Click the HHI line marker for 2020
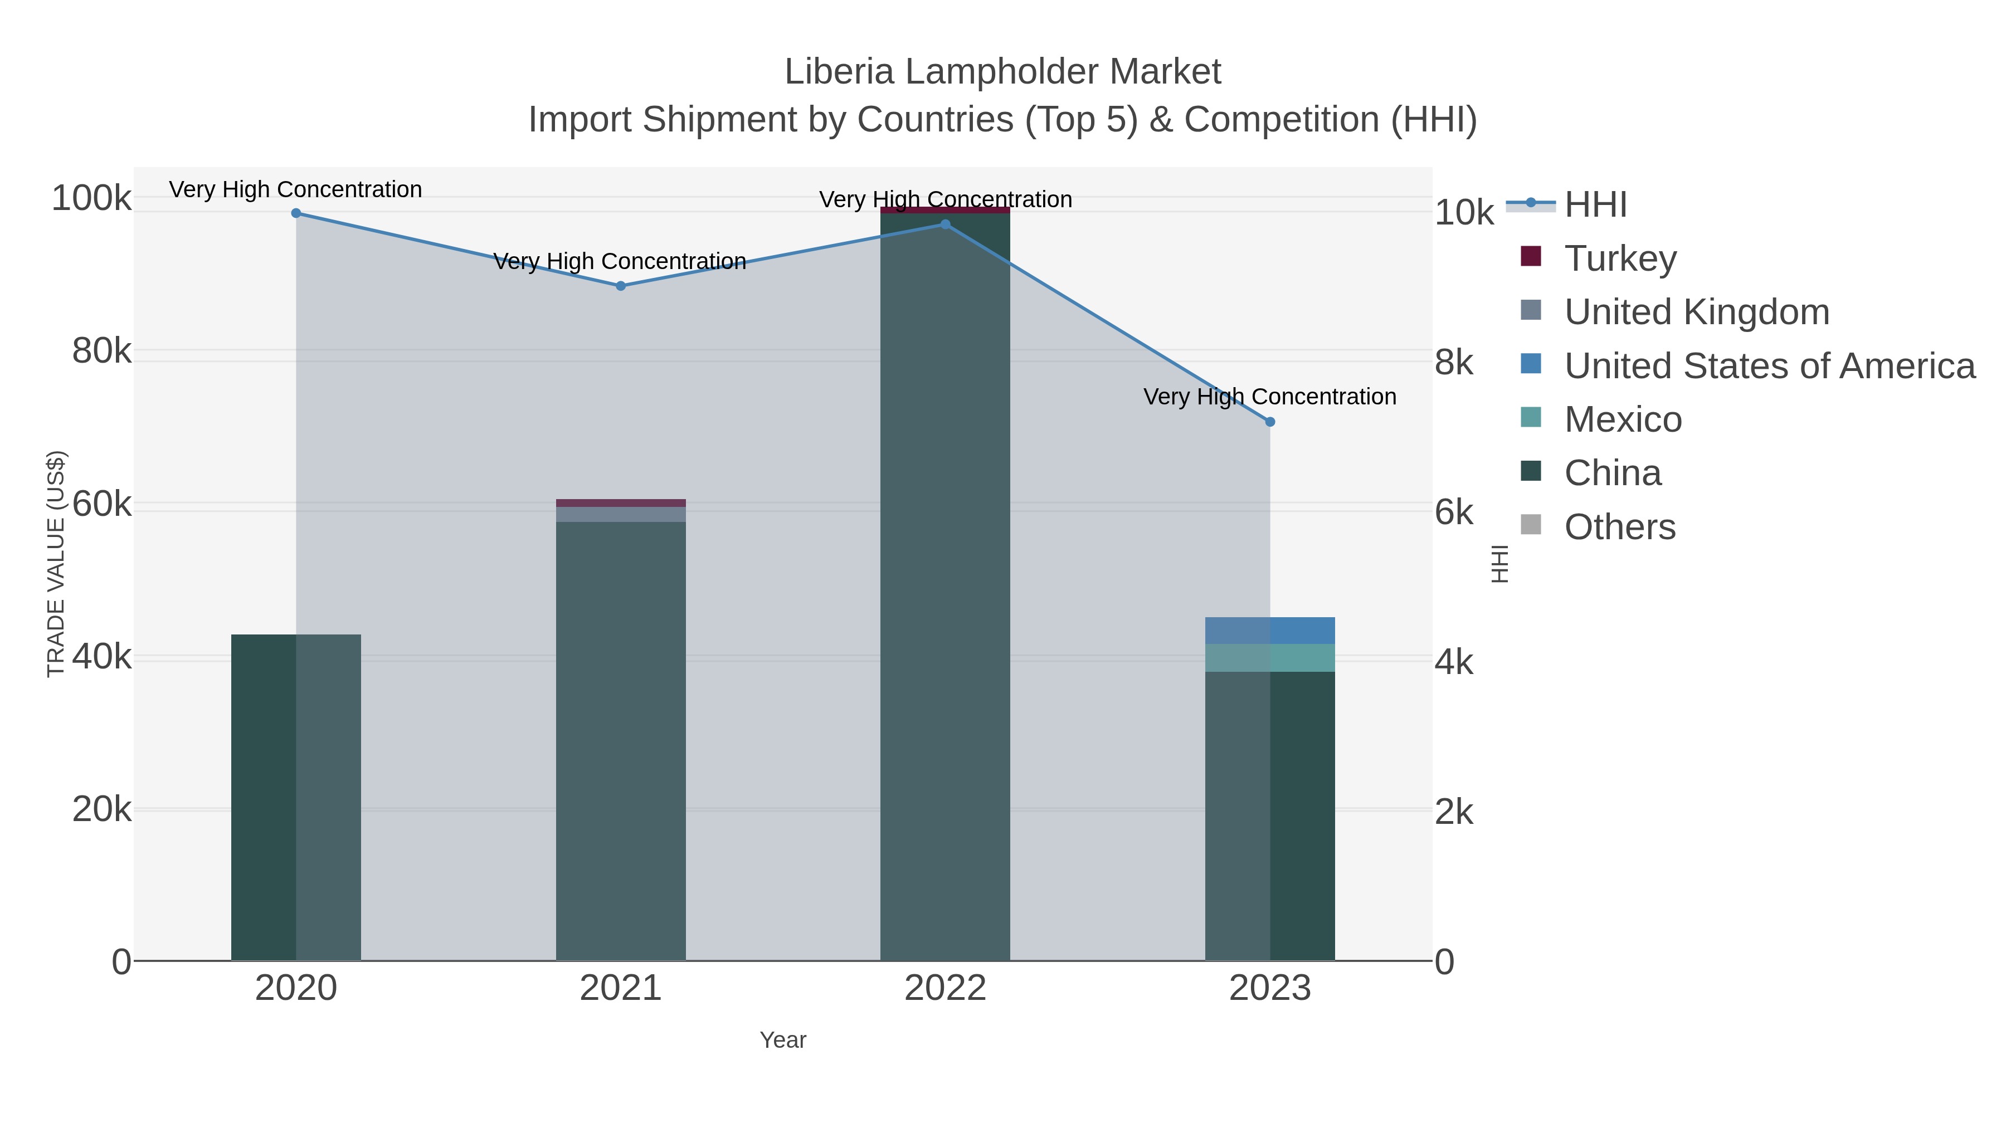click(296, 213)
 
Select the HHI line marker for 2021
click(621, 286)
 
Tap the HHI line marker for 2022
click(946, 224)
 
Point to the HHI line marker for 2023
click(1270, 422)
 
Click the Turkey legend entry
click(1620, 258)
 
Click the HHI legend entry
click(1595, 205)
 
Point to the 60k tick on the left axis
click(102, 505)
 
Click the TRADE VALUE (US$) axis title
click(56, 564)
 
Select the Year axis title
click(783, 1040)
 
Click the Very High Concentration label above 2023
click(1269, 397)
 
